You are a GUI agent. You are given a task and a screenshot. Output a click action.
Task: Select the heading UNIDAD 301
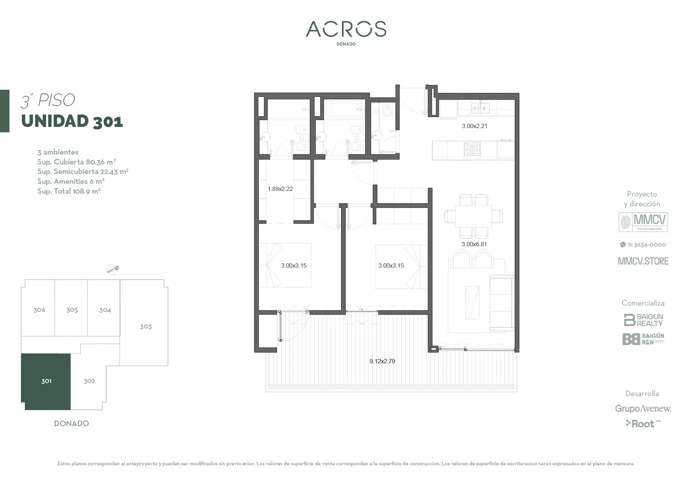click(72, 121)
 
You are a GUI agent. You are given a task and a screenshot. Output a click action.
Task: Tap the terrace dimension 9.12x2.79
click(382, 361)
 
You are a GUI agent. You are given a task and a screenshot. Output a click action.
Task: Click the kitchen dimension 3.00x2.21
click(474, 126)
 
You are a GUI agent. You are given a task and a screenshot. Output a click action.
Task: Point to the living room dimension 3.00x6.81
click(474, 244)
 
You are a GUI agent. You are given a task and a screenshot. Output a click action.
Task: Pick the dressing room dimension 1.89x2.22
click(280, 189)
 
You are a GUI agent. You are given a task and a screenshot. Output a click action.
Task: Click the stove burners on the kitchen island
click(472, 149)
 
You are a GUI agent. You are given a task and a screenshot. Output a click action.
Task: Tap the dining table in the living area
click(474, 216)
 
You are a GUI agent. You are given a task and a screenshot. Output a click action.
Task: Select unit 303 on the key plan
click(146, 327)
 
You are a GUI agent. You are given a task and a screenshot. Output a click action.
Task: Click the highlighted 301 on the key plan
click(46, 381)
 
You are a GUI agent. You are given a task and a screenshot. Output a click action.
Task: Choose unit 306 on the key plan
click(39, 310)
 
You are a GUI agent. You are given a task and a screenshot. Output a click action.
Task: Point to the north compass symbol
click(113, 269)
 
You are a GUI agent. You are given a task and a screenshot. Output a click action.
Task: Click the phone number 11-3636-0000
click(643, 245)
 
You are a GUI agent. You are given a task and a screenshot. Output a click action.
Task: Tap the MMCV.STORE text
click(643, 261)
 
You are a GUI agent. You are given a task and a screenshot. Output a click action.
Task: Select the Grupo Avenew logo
click(643, 408)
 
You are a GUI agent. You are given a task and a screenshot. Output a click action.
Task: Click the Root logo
click(643, 424)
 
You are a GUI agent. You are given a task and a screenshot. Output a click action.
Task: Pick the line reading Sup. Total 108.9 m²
click(69, 191)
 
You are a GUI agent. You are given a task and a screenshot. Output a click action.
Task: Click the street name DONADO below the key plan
click(71, 423)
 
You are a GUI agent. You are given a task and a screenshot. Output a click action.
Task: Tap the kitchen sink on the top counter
click(480, 108)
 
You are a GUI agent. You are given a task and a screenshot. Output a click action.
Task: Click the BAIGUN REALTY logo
click(643, 320)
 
